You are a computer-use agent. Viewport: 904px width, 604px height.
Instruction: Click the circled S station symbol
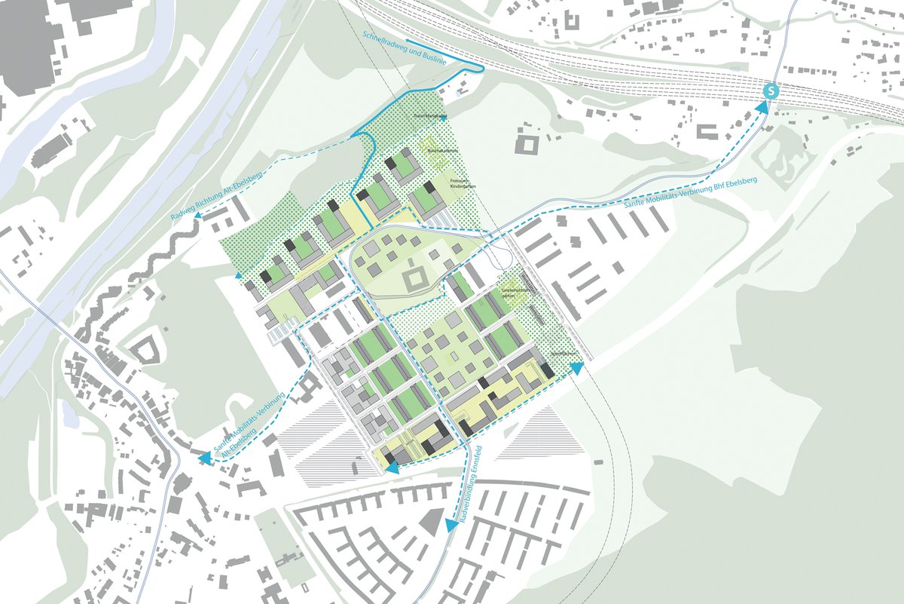pyautogui.click(x=771, y=90)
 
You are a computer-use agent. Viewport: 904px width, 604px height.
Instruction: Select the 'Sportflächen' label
pyautogui.click(x=562, y=352)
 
